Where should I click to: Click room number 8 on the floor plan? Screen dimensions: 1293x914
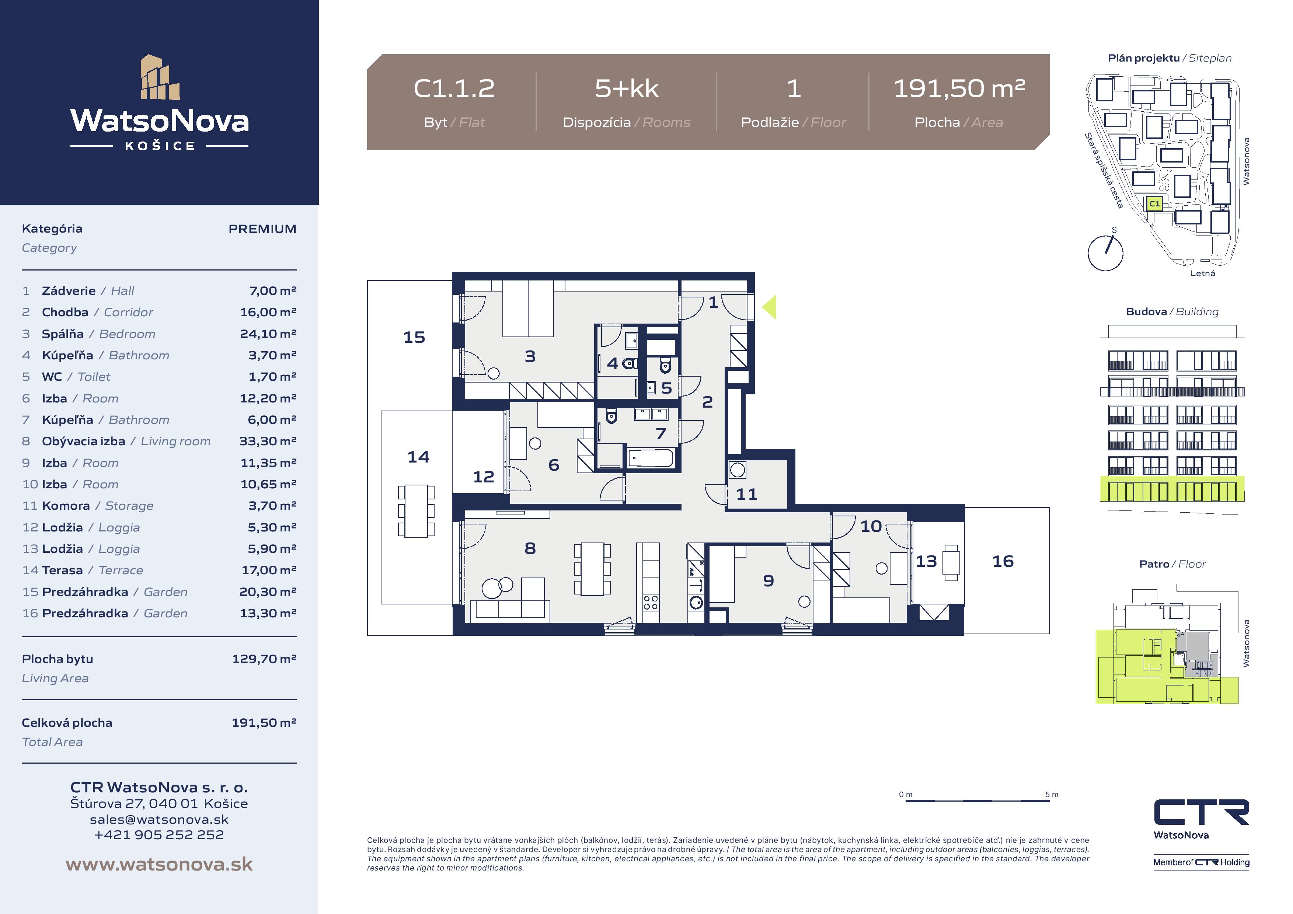coord(530,548)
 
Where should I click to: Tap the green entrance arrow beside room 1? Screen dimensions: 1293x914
coord(769,307)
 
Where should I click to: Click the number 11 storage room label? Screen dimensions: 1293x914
coord(747,495)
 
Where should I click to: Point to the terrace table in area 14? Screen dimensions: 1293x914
coord(416,511)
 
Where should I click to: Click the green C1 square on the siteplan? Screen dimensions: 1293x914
coord(1154,203)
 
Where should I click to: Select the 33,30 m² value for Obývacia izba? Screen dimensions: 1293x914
coord(268,441)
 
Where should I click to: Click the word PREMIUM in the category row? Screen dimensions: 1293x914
coord(262,228)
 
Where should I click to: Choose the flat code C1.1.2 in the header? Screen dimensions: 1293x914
coord(454,88)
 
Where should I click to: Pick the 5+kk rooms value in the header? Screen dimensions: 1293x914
coord(626,88)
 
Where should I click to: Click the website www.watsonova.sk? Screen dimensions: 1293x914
coord(159,865)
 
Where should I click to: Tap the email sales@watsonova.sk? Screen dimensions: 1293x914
coord(159,819)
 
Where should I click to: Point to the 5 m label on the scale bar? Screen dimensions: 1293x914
coord(1052,795)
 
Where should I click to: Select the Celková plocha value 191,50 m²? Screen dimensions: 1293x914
coord(264,722)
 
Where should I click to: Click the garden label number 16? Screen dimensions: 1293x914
coord(1003,561)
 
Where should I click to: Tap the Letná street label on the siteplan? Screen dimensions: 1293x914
coord(1202,273)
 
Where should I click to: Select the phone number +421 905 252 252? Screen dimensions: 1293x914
coord(159,835)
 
